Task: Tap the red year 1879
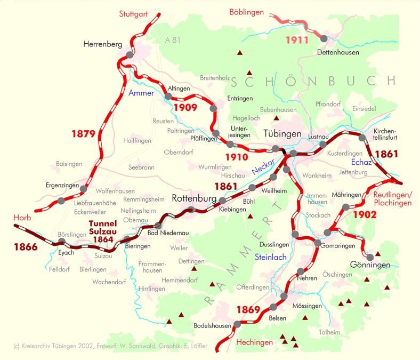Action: click(83, 134)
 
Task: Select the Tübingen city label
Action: click(282, 133)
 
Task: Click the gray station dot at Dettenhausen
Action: click(324, 38)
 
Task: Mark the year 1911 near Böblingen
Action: click(297, 40)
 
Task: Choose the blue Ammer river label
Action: click(141, 93)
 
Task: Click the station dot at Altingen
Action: click(168, 97)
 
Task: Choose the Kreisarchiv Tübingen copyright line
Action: click(110, 346)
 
